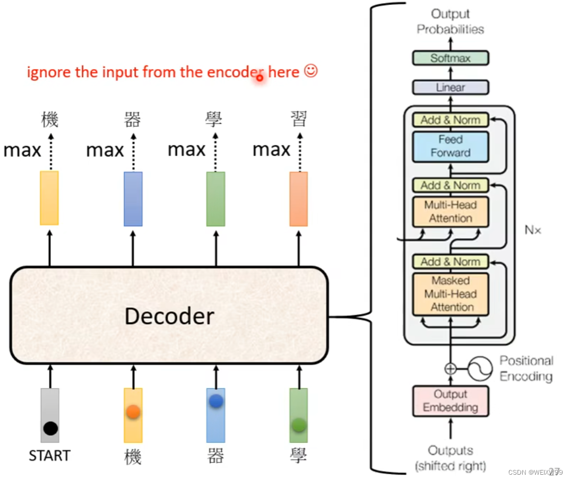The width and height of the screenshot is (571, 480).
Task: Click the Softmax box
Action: point(450,58)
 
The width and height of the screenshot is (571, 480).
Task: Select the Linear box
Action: point(450,88)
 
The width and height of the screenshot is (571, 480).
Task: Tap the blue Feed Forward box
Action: point(450,146)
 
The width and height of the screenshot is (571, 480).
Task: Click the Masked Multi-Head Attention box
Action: point(450,294)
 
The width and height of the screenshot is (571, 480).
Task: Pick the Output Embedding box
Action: point(450,401)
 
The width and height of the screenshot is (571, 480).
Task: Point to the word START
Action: point(49,456)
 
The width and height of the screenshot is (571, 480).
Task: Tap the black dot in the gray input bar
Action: point(50,427)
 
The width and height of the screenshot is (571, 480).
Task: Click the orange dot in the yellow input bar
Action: point(133,412)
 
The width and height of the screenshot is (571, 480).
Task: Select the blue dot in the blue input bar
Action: point(215,402)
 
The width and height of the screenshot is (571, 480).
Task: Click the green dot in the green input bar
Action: point(299,424)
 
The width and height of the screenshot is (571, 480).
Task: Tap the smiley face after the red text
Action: point(310,71)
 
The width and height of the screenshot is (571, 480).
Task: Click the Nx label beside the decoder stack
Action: point(533,230)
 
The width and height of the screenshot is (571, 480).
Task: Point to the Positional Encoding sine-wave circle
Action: point(480,368)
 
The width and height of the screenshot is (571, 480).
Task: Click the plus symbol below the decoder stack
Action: point(450,368)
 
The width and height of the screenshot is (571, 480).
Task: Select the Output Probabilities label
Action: point(450,22)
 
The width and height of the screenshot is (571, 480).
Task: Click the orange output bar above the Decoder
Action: point(298,199)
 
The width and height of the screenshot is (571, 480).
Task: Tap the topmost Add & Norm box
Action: point(450,120)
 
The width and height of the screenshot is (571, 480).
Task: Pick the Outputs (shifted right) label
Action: point(450,458)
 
